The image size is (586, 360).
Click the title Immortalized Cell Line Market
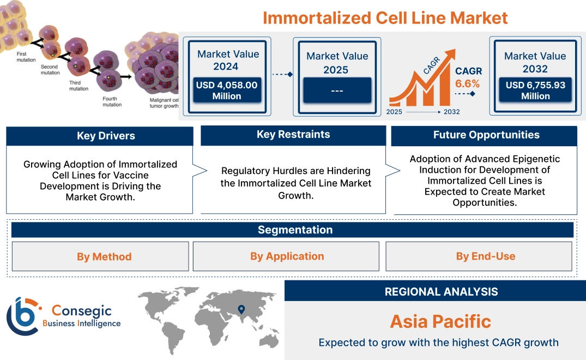tap(385, 17)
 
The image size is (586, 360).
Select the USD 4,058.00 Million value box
tap(226, 91)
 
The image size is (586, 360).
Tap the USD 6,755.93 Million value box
tap(535, 90)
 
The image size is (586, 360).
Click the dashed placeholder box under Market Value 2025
tap(337, 90)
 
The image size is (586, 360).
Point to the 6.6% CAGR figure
tap(468, 83)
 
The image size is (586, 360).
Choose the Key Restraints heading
tap(293, 135)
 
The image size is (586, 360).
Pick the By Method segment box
tap(104, 256)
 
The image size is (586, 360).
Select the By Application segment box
tap(287, 256)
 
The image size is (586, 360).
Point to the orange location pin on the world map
tap(240, 310)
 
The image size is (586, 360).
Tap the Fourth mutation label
tap(112, 101)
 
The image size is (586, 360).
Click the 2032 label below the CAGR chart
tap(451, 112)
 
